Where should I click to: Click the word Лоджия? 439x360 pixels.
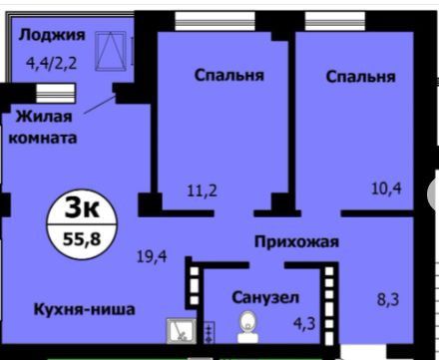coord(52,35)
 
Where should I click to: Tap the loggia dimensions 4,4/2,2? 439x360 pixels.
coord(51,69)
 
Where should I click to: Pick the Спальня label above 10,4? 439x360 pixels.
coord(360,76)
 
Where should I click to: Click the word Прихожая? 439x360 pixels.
coord(296,240)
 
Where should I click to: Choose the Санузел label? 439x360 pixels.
coord(264,298)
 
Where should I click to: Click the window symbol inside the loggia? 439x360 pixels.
coord(109,49)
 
